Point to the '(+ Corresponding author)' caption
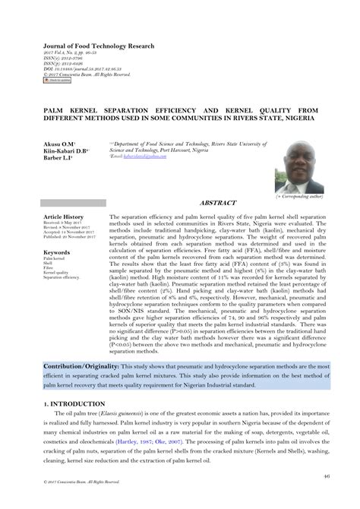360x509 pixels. (298, 197)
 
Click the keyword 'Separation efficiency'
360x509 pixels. (62, 277)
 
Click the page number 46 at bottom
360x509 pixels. (325, 476)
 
